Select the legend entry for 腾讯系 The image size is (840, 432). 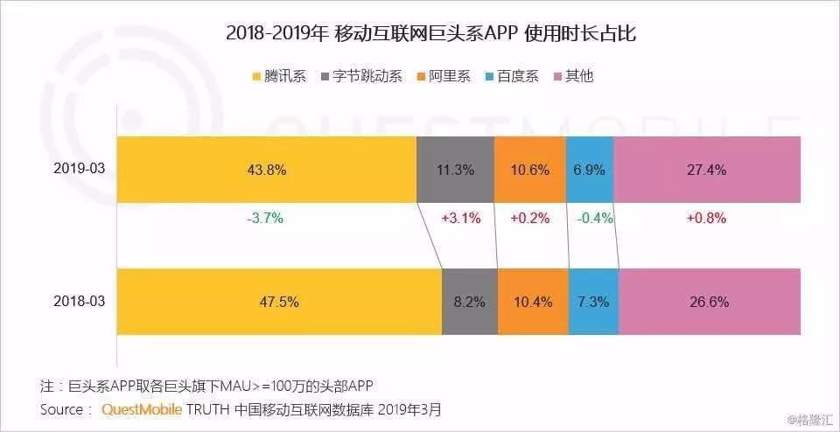[x=279, y=76]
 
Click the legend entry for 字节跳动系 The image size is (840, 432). [x=361, y=76]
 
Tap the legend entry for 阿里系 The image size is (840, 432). [x=444, y=76]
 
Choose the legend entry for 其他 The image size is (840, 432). [x=573, y=76]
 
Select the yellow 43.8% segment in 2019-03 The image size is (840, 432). [x=267, y=170]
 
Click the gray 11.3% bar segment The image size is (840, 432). [x=455, y=170]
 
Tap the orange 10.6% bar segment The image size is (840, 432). [x=530, y=170]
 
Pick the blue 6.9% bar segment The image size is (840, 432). [x=590, y=170]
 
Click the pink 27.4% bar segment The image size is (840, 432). [x=707, y=170]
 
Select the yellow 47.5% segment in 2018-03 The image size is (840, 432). [x=279, y=302]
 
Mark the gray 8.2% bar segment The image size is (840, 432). [x=469, y=302]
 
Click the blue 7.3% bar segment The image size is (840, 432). [x=593, y=302]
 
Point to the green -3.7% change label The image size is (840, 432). [x=266, y=219]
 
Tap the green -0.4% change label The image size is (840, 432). [x=593, y=219]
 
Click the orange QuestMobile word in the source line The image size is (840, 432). [x=144, y=408]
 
